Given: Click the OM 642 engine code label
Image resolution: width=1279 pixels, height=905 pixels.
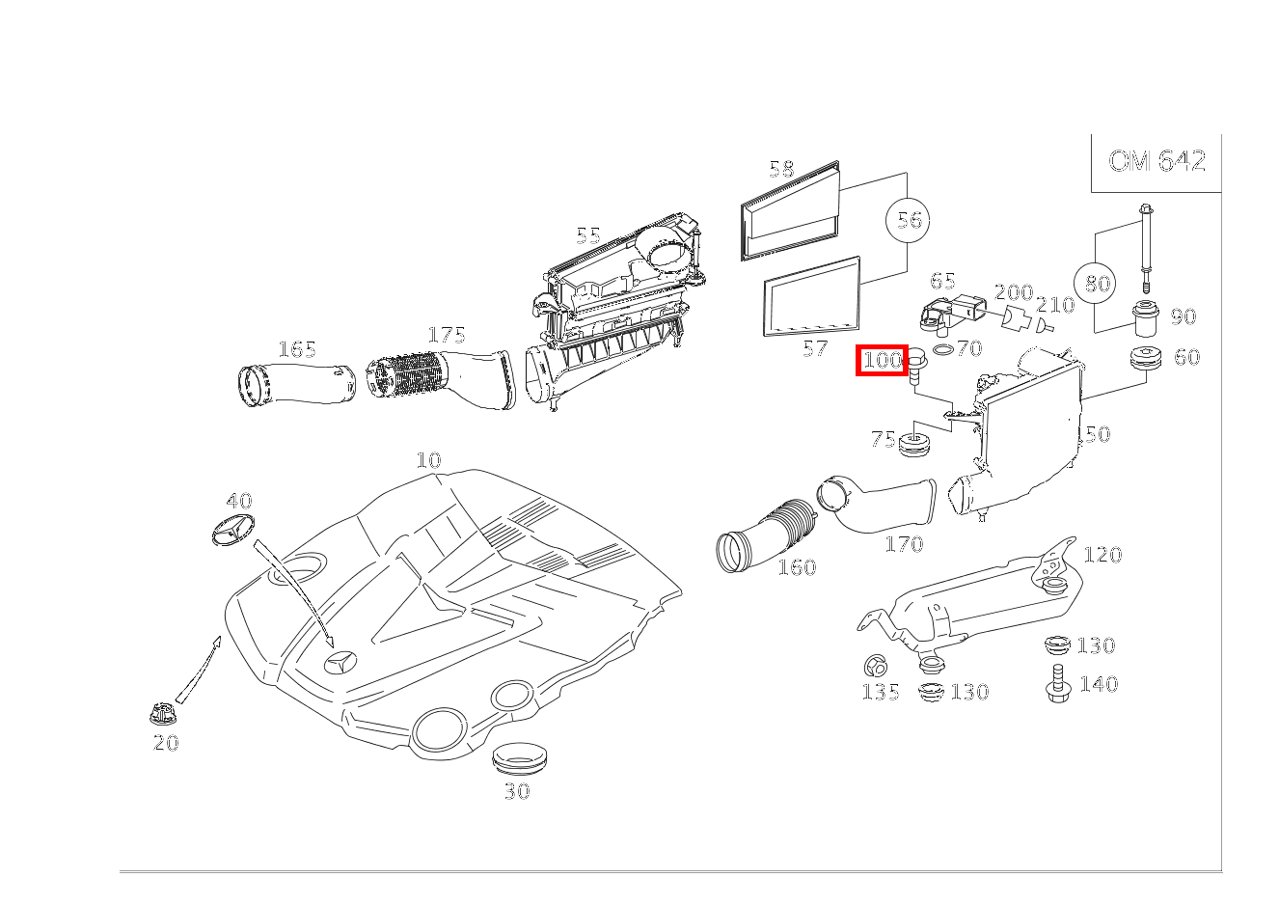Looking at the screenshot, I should click(1157, 161).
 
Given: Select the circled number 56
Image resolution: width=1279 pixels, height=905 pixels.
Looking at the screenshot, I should click(909, 220).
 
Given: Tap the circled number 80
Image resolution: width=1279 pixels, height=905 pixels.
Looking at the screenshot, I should click(1098, 284).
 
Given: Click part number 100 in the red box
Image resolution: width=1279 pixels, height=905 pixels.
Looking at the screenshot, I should click(882, 361).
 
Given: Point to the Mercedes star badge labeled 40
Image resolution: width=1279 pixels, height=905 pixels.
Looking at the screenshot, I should click(232, 530).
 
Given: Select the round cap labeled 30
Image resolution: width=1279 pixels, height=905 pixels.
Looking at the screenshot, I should click(518, 757).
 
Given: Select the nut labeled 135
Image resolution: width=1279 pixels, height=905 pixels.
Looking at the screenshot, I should click(876, 665).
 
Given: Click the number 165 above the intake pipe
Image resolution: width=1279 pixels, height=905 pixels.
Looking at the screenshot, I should click(297, 349).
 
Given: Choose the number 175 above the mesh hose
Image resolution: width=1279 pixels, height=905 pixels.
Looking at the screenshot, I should click(447, 335).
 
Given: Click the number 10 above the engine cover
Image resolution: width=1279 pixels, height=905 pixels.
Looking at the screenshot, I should click(428, 460).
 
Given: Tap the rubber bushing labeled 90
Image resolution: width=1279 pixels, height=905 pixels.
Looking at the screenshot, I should click(1144, 320).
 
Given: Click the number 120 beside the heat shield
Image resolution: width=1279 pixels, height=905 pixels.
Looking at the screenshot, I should click(1102, 555).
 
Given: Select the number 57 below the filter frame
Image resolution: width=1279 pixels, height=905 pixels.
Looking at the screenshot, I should click(815, 348).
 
